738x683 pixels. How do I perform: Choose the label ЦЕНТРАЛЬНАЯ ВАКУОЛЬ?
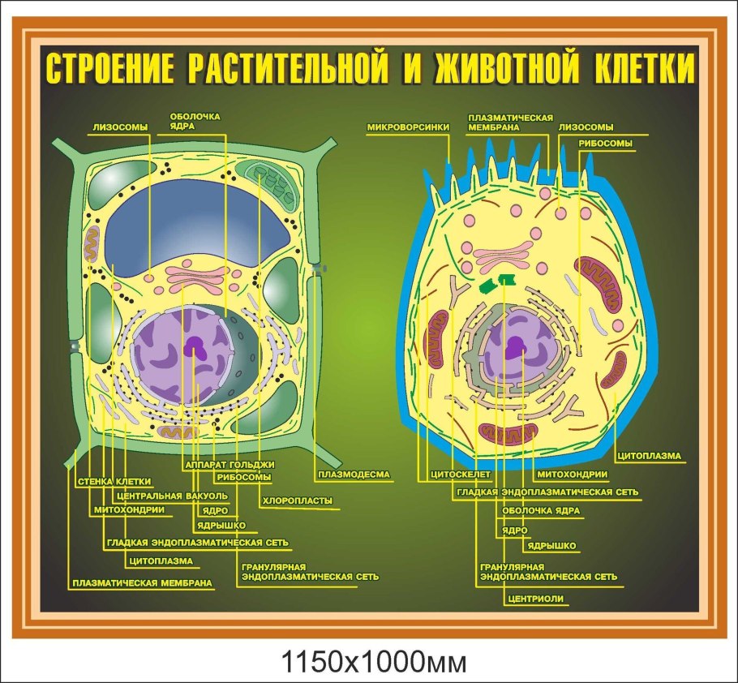point(166,496)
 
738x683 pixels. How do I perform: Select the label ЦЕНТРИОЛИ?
point(534,599)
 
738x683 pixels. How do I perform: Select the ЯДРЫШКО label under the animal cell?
point(551,546)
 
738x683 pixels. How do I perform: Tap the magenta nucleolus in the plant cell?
point(195,348)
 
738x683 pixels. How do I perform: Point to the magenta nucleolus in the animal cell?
point(515,348)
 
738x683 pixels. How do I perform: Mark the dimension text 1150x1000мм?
point(374,661)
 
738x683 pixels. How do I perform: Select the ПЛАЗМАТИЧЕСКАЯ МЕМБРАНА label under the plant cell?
point(143,582)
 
